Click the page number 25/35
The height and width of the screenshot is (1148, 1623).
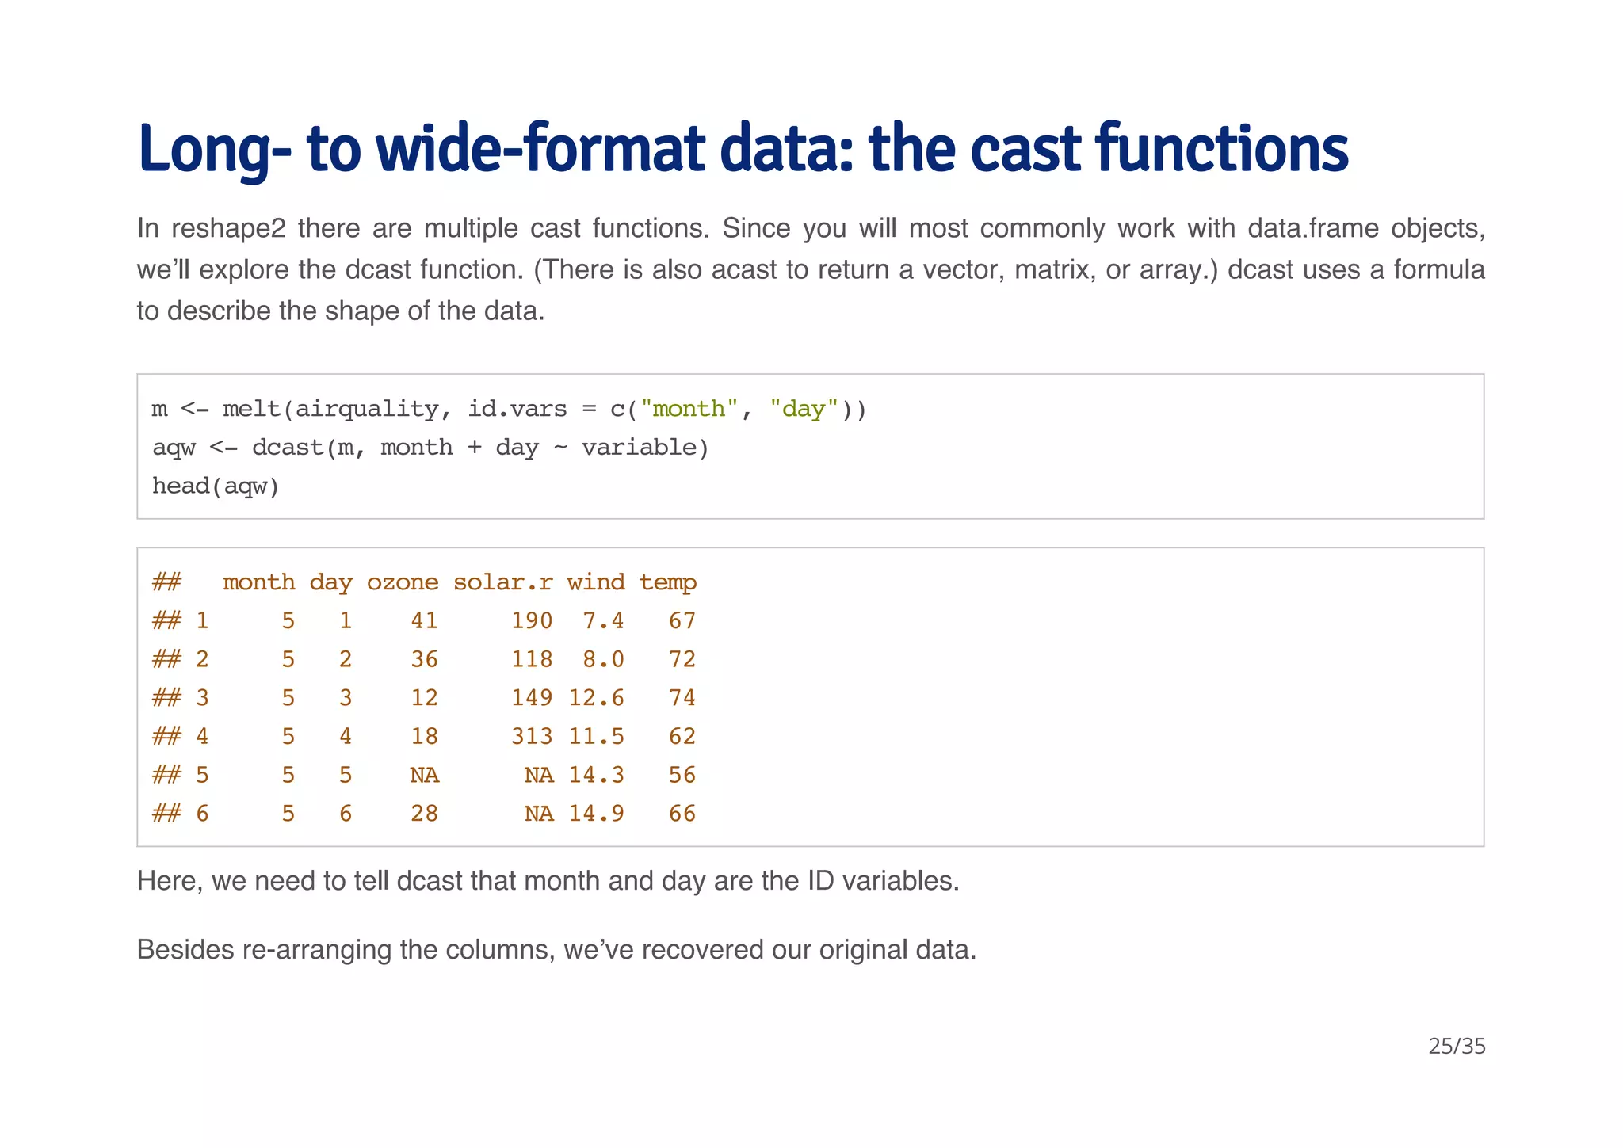tap(1457, 1047)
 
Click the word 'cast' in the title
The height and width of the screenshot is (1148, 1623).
tap(1025, 149)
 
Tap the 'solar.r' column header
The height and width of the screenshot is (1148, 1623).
tap(502, 582)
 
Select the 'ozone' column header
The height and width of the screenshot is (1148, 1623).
tap(402, 582)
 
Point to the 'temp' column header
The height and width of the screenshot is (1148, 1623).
tap(668, 582)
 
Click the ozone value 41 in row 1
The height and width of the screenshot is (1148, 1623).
tap(424, 620)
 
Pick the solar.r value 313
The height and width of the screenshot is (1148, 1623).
tap(532, 736)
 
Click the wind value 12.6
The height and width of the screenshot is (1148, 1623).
tap(596, 698)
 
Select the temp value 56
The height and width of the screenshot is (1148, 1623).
tap(682, 775)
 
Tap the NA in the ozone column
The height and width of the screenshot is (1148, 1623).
tap(424, 775)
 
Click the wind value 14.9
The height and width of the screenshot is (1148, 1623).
tap(596, 814)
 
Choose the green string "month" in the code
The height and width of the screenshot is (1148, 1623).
tap(689, 409)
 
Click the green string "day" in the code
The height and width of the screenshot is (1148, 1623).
tap(804, 409)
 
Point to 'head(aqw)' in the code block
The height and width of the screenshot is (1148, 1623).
tap(216, 486)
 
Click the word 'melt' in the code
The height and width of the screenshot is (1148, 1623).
tap(251, 409)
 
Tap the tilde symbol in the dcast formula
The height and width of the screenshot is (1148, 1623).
tap(560, 448)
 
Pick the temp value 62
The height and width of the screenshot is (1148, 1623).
tap(682, 736)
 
